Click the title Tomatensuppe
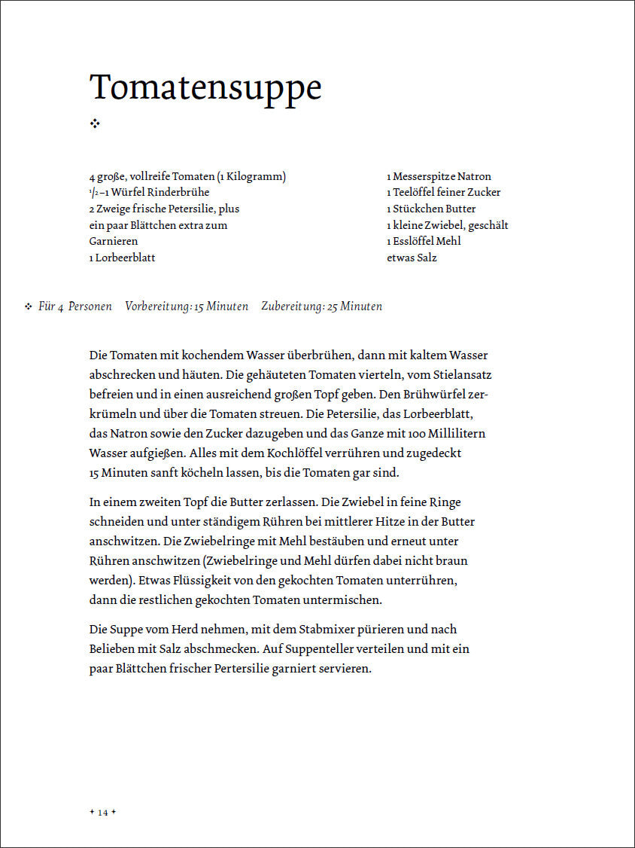pos(205,88)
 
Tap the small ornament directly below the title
pos(95,124)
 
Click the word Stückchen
pos(418,209)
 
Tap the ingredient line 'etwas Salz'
pos(412,258)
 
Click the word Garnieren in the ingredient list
pos(114,241)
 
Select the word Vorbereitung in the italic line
pos(157,307)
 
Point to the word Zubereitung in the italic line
pos(292,307)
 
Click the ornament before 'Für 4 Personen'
pos(28,307)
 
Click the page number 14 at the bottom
pos(102,812)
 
